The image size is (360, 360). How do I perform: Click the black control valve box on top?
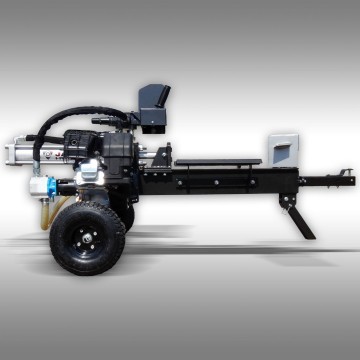tap(153, 105)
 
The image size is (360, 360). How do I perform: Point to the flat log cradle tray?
tap(215, 161)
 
